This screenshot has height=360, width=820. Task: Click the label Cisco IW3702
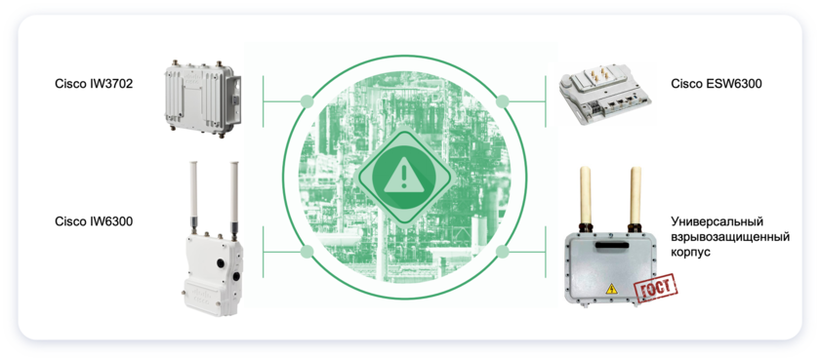coord(94,84)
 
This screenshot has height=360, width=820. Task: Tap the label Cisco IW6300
coord(94,221)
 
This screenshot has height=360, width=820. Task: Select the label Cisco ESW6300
coord(717,84)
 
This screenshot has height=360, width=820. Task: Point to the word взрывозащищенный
coord(730,237)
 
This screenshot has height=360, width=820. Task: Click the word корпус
coord(691,252)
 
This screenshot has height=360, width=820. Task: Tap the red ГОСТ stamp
coord(655,287)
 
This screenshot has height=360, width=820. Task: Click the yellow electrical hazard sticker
coord(611,289)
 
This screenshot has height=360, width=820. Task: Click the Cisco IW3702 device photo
coord(202,99)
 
